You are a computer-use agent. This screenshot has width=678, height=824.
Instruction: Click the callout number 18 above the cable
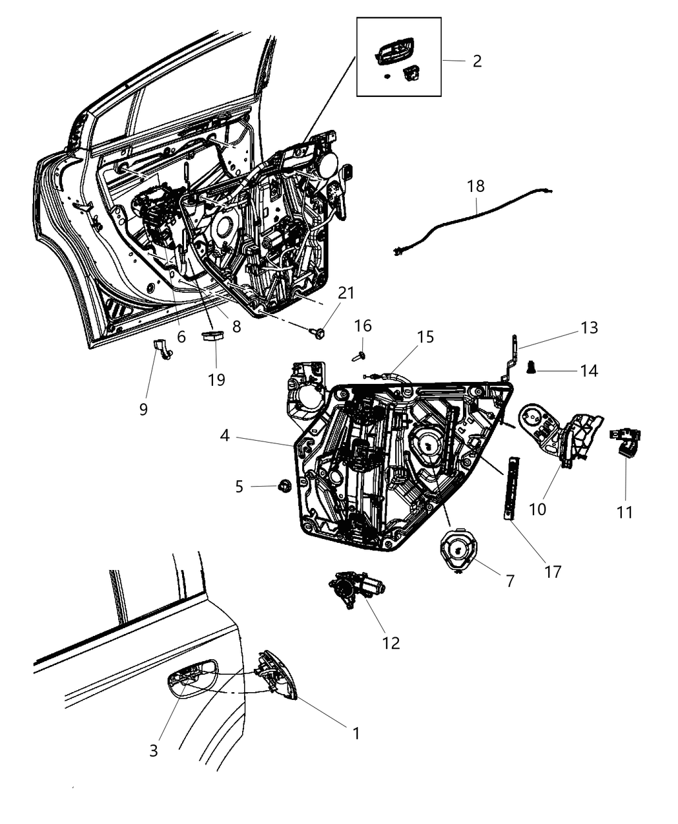click(476, 187)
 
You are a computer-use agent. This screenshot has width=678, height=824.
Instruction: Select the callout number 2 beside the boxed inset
click(477, 61)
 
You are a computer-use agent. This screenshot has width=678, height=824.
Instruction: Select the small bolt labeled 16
click(360, 354)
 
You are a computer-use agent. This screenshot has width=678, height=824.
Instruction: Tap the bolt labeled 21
click(320, 333)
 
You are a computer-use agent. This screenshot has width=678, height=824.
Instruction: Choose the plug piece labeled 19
click(212, 335)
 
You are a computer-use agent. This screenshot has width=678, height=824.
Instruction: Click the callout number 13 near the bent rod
click(589, 328)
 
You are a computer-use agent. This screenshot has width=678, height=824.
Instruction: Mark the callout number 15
click(425, 337)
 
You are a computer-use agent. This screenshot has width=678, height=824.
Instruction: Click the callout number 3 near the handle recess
click(153, 750)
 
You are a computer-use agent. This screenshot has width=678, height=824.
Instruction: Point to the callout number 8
click(236, 326)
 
